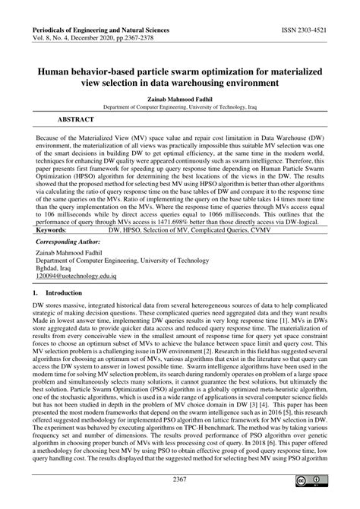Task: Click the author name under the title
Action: (180, 100)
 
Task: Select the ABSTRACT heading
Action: (74, 120)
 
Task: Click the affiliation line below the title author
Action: (180, 108)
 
